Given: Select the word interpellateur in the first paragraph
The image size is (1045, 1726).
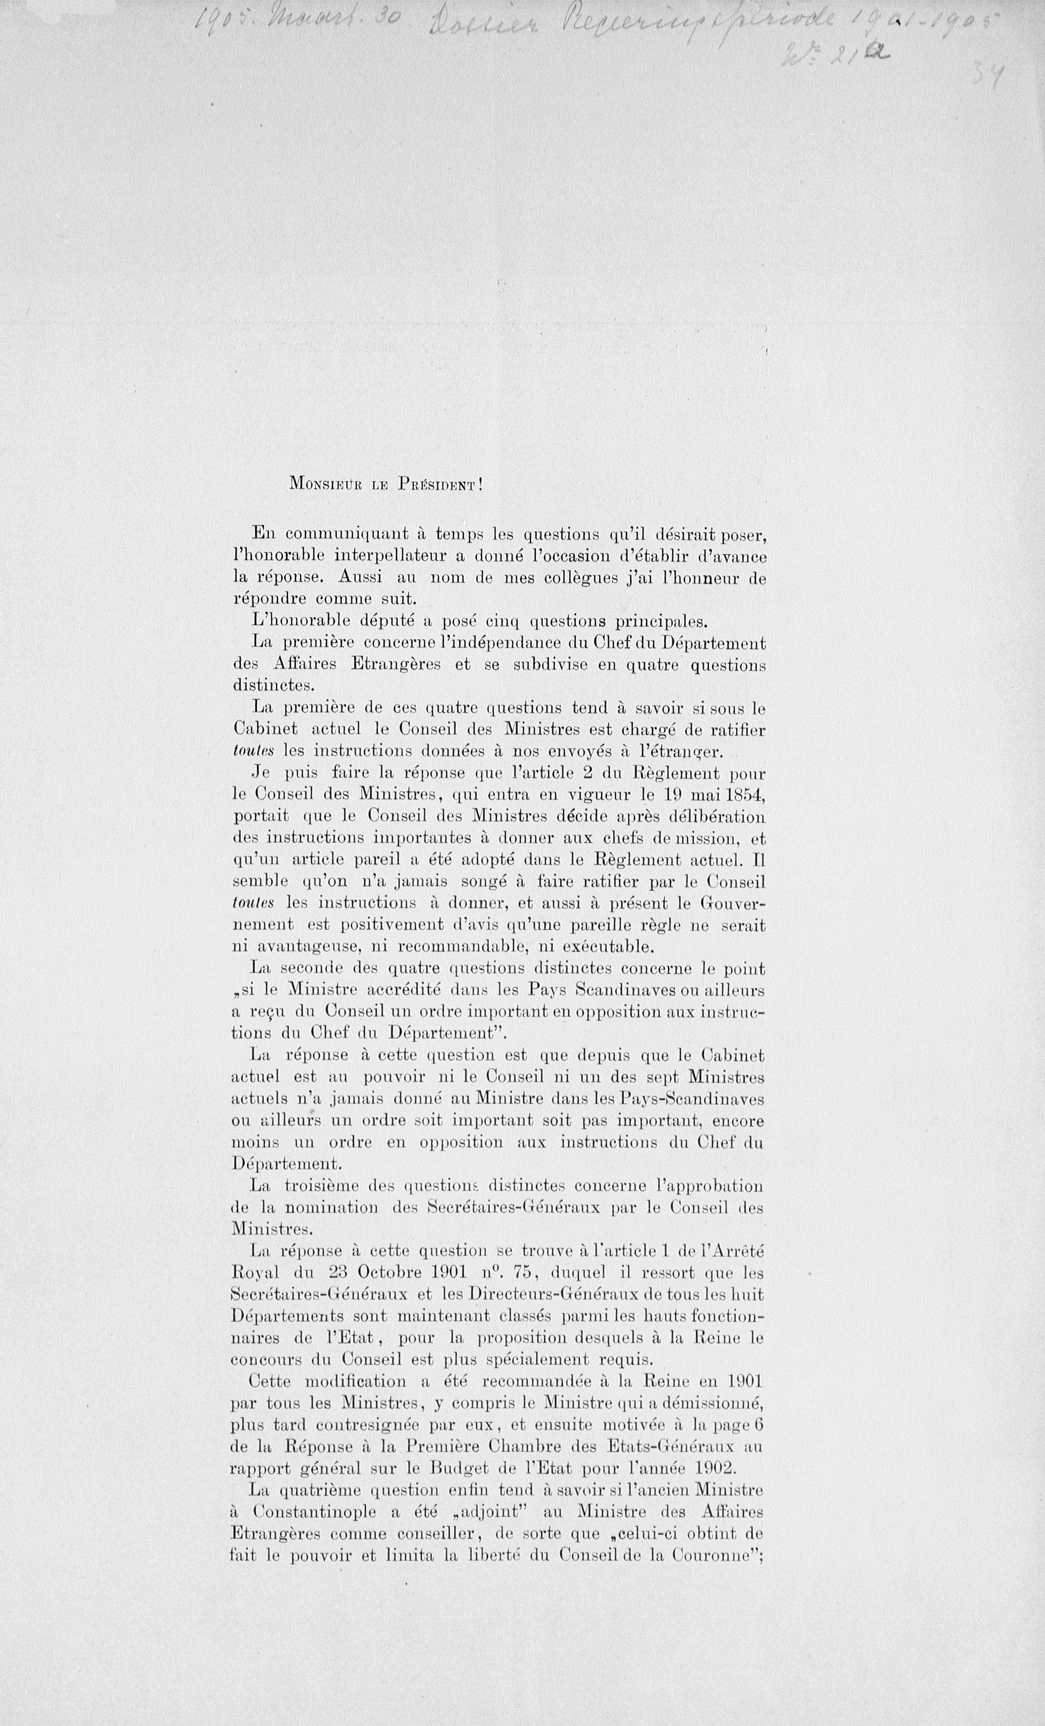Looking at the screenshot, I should (391, 556).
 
